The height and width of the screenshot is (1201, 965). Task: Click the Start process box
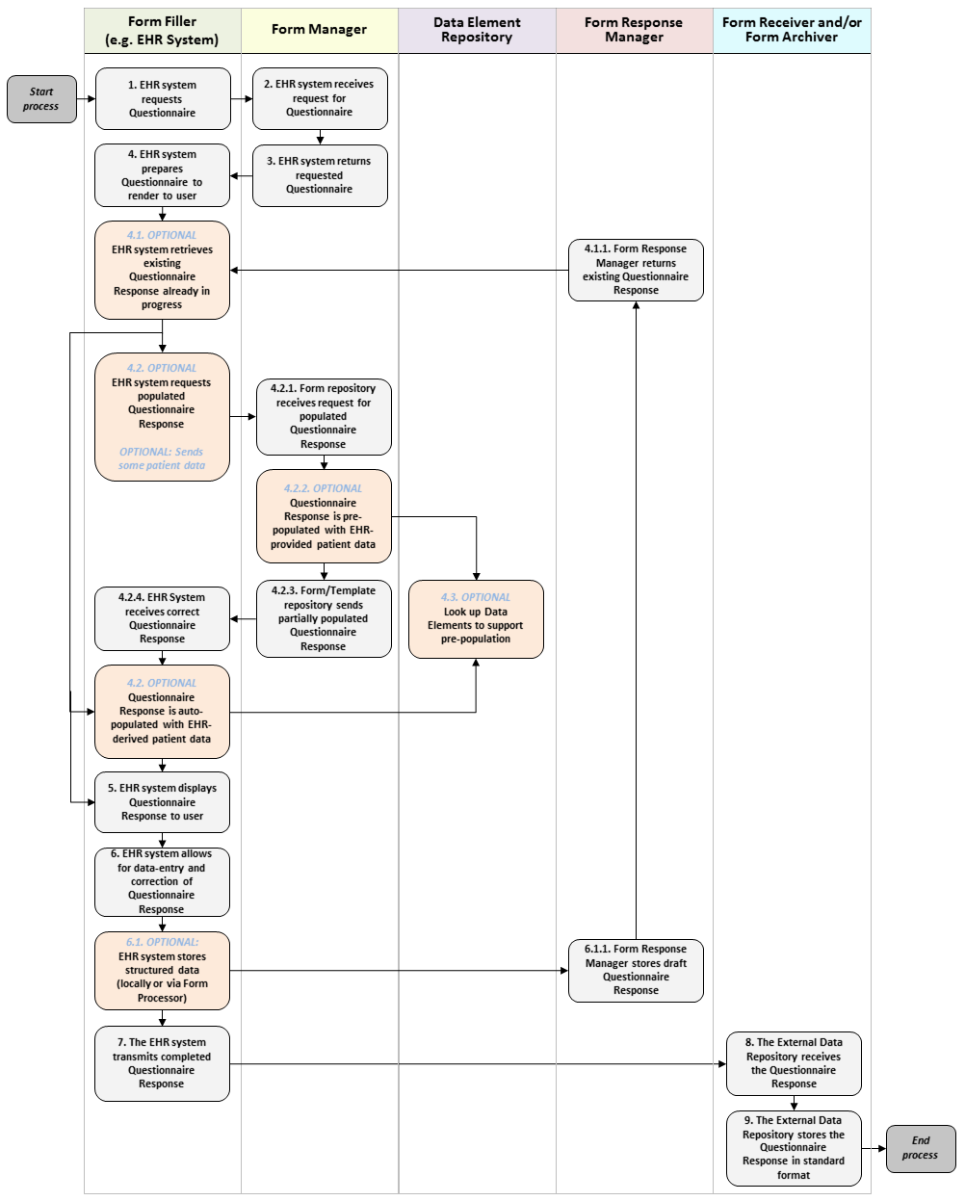[41, 99]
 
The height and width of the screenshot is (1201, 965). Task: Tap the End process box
[920, 1148]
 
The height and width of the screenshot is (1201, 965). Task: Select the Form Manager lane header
[319, 30]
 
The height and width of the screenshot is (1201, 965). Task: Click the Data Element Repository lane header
[477, 30]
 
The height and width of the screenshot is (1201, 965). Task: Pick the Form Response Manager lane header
[634, 30]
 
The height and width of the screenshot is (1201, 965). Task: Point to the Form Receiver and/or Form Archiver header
[792, 30]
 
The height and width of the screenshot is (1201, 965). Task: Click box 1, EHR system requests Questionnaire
[163, 98]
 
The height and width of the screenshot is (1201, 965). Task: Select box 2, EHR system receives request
[320, 98]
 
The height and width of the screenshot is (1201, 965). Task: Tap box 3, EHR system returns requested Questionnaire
[320, 175]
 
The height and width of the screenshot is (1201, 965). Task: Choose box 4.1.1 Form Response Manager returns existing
[636, 270]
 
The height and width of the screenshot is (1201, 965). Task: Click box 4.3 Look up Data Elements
[476, 618]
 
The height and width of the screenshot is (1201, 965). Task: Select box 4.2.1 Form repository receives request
[324, 416]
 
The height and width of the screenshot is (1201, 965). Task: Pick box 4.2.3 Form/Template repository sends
[324, 618]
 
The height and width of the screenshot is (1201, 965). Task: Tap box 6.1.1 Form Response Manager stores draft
[636, 970]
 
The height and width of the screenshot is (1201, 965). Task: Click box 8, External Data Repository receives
[794, 1063]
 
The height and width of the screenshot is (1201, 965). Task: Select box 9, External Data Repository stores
[794, 1147]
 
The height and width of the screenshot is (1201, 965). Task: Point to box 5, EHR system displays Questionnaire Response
[162, 801]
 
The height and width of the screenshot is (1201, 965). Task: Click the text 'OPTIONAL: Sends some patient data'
[162, 458]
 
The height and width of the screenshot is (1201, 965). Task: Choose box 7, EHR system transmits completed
[162, 1063]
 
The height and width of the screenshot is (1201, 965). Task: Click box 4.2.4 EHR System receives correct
[162, 618]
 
